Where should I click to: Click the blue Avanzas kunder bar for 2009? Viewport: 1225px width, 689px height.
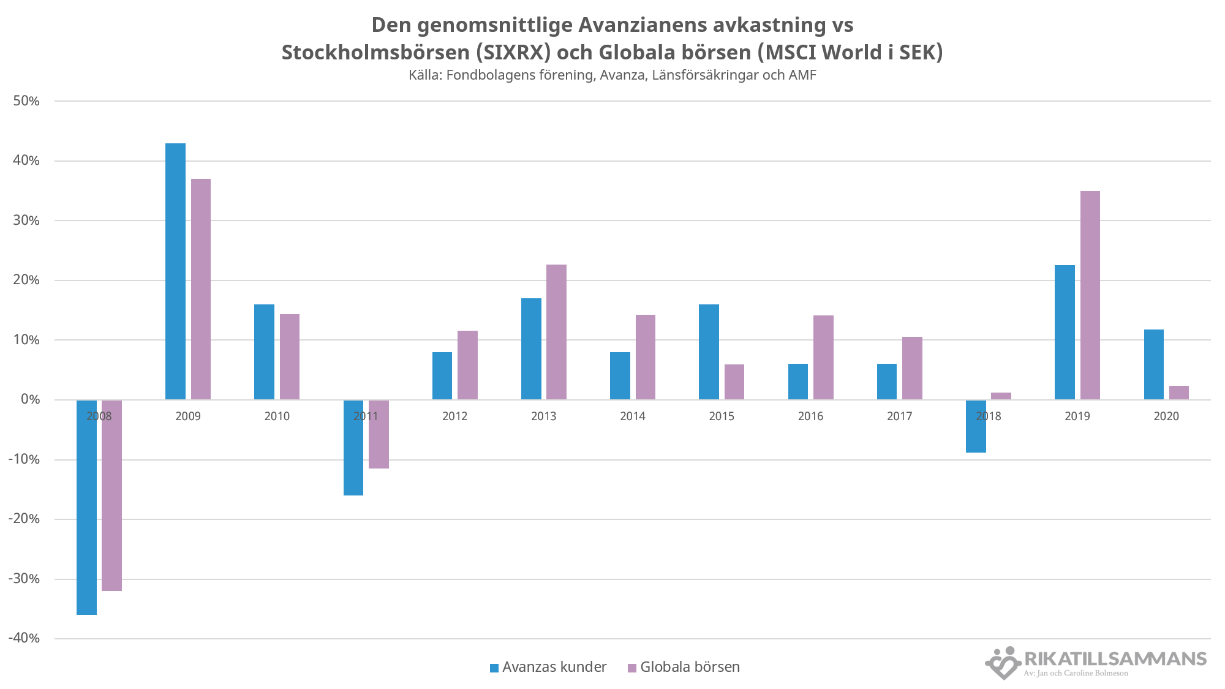[x=175, y=271]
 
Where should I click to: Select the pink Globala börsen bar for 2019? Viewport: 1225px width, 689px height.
[x=1090, y=295]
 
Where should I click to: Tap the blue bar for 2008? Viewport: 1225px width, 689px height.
[x=86, y=507]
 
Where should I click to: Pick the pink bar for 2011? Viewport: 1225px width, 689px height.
[x=379, y=434]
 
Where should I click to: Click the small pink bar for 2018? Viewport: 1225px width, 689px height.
[x=1001, y=396]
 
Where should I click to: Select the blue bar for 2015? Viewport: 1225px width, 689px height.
[x=709, y=352]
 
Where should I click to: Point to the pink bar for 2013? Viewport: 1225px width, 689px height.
[x=556, y=332]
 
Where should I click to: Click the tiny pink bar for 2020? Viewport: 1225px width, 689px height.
[x=1178, y=393]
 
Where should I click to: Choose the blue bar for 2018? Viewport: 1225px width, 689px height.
[x=976, y=426]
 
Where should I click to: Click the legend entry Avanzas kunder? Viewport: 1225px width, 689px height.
[x=548, y=667]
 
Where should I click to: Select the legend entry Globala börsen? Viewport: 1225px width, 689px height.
[x=684, y=667]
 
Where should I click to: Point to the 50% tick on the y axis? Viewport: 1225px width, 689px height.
[x=26, y=101]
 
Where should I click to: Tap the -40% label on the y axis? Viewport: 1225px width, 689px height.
[x=24, y=638]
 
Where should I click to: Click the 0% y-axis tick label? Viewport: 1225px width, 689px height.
[x=30, y=399]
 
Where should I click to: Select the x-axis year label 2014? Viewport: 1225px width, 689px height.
[x=633, y=416]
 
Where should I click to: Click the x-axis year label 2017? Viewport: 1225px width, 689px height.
[x=899, y=416]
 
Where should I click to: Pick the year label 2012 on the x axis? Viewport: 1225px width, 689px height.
[x=454, y=416]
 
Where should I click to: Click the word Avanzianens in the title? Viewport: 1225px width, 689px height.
[x=641, y=25]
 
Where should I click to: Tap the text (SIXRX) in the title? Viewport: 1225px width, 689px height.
[x=513, y=53]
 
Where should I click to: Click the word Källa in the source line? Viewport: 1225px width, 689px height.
[x=424, y=75]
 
